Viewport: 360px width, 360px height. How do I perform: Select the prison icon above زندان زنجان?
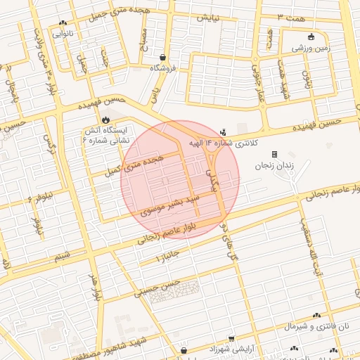(x=275, y=154)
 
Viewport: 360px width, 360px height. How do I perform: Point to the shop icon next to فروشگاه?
(x=163, y=58)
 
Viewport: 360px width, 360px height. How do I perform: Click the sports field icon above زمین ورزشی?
(x=311, y=37)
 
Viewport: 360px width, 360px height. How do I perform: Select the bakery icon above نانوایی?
(x=64, y=22)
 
